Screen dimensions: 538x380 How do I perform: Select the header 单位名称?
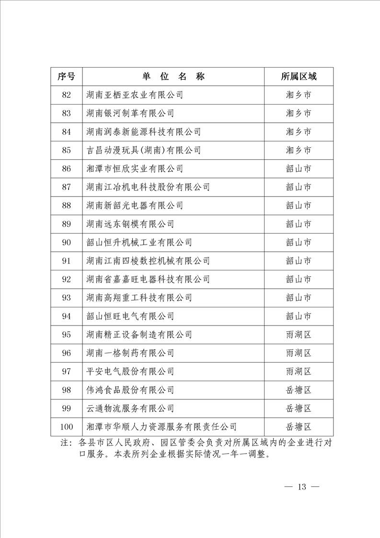click(x=173, y=77)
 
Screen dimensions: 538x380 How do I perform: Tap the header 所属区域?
click(x=299, y=77)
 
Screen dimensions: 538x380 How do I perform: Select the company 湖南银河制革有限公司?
click(x=130, y=114)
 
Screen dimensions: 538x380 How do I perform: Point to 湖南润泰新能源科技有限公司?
click(x=144, y=132)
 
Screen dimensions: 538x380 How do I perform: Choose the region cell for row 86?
click(x=299, y=169)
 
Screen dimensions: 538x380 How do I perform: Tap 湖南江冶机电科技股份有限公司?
click(x=148, y=187)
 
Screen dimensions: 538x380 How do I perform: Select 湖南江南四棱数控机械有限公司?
click(x=148, y=261)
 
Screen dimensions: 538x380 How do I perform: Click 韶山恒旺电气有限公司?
click(x=130, y=316)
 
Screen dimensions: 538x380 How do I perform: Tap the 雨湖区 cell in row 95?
click(x=299, y=335)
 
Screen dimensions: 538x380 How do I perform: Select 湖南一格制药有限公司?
click(x=130, y=353)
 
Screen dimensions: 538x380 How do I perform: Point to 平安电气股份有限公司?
click(x=130, y=372)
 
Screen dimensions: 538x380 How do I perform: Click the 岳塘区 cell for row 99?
click(x=299, y=409)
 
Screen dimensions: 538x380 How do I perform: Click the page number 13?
click(x=301, y=487)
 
